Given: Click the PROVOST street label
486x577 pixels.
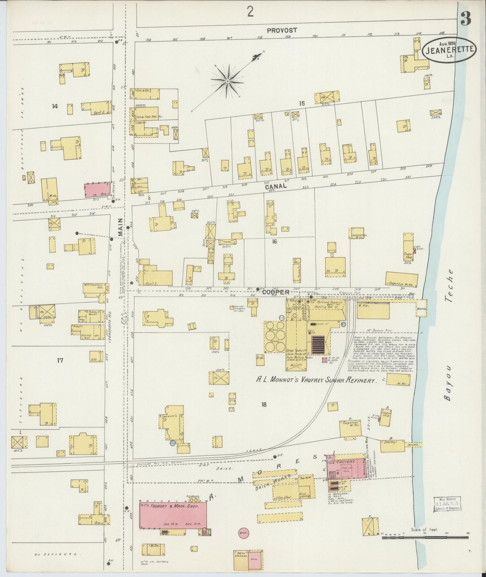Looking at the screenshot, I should coord(282,30).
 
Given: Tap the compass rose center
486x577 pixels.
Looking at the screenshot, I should coord(228,81).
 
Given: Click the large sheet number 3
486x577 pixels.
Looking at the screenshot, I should coord(466,20).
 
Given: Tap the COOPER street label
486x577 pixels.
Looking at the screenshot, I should coord(271,293).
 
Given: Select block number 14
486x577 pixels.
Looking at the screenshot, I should coord(55,107).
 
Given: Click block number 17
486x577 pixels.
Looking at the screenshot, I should coord(60,361).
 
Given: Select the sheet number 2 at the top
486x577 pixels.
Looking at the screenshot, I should coord(250,13).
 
